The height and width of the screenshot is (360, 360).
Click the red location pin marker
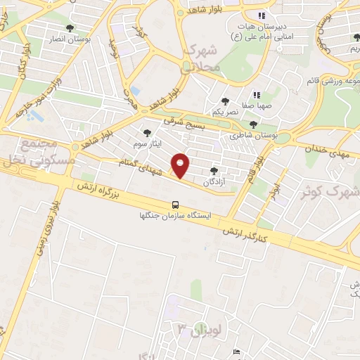pos(181,165)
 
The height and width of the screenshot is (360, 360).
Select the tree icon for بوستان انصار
pos(69,29)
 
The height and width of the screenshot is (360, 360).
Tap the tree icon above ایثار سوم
pos(147,133)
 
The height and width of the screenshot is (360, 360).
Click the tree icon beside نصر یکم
pos(225,102)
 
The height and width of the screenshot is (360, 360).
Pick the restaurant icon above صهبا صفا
pos(257,95)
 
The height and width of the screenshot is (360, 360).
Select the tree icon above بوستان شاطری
pos(254,124)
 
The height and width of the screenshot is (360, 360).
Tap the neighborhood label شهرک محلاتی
pos(202,60)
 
